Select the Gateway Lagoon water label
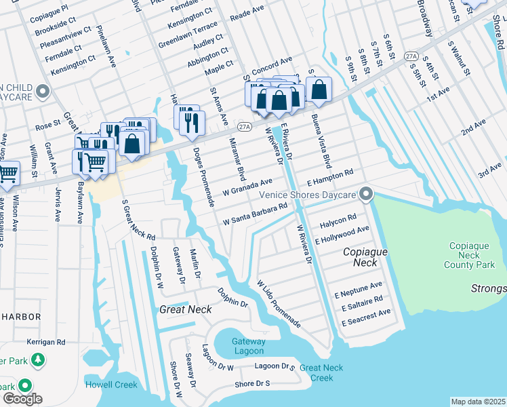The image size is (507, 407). tap(247, 346)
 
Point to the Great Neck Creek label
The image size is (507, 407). tap(317, 372)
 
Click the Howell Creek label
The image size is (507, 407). tap(111, 385)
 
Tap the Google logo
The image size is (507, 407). tap(22, 399)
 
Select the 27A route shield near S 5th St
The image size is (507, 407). tap(411, 56)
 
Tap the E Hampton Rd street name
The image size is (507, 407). tap(330, 178)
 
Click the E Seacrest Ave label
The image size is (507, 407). tap(366, 317)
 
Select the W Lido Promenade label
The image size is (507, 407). tap(279, 303)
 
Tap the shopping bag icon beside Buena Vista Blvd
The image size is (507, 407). tap(318, 91)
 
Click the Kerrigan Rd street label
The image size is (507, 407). tap(45, 343)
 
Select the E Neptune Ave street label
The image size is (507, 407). tap(359, 290)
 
